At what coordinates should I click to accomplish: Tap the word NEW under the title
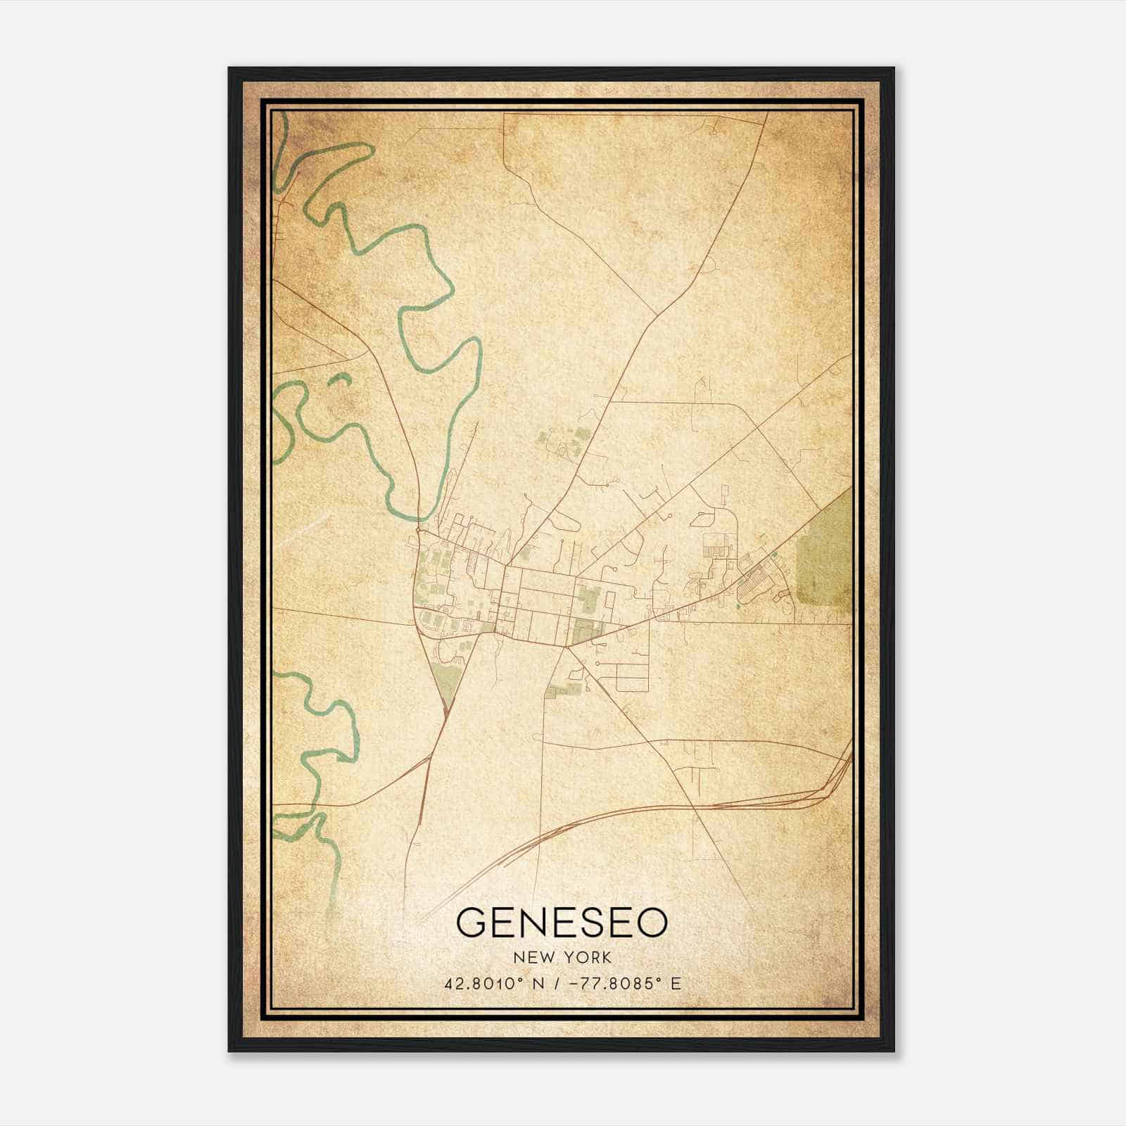(533, 958)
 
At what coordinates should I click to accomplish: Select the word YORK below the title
(590, 958)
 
